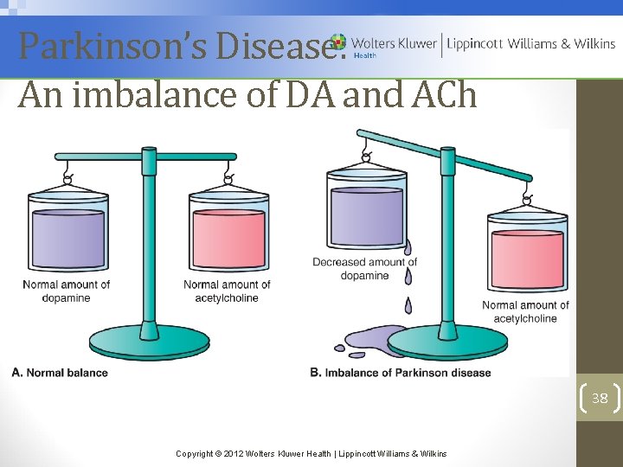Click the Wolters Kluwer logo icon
pos(337,42)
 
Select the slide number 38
pos(600,398)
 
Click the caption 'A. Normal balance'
pos(60,373)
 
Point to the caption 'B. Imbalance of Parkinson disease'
pos(400,373)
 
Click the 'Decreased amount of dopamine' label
pos(364,269)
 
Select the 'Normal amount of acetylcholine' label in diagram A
pos(227,291)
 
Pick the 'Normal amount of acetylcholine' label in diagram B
pos(525,311)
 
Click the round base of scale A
pos(149,345)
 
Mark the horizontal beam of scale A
pos(149,157)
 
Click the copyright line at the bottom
pos(311,453)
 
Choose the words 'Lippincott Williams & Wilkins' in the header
pos(530,43)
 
